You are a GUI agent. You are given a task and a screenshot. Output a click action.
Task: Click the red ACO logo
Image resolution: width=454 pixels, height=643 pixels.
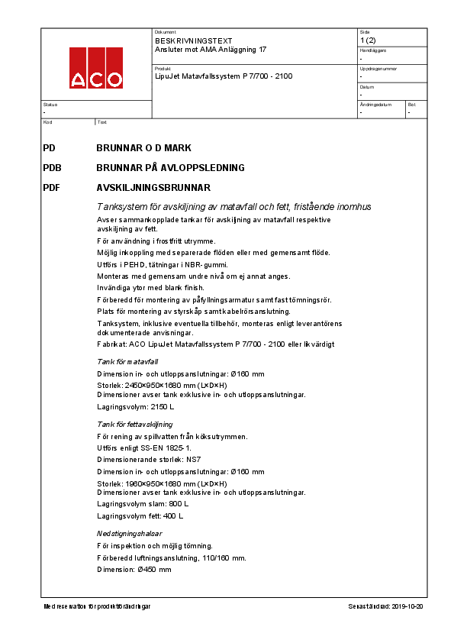click(96, 68)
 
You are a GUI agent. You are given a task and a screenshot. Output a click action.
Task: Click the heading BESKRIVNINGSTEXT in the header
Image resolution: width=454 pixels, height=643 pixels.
click(183, 40)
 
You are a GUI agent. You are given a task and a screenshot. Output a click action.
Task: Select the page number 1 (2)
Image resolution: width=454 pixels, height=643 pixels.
click(367, 40)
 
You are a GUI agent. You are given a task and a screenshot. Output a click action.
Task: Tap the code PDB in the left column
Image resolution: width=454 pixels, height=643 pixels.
click(53, 167)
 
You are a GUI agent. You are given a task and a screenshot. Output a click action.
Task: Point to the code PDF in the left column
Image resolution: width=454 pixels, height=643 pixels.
click(52, 187)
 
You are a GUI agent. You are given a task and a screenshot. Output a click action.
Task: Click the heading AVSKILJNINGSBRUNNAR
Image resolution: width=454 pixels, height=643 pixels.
click(153, 187)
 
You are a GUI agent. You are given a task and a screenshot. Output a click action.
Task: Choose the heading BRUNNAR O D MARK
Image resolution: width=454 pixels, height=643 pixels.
click(143, 147)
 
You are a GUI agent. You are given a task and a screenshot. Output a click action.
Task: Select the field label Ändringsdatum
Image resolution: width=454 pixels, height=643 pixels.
click(375, 105)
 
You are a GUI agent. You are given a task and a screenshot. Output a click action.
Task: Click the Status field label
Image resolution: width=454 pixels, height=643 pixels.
click(50, 105)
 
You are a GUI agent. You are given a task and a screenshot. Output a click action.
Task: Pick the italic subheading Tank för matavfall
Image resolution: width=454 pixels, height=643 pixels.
click(127, 361)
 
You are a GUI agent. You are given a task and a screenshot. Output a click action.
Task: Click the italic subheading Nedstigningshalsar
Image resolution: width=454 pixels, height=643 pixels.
click(129, 533)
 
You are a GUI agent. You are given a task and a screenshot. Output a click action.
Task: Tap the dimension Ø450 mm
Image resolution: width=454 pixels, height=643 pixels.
click(155, 570)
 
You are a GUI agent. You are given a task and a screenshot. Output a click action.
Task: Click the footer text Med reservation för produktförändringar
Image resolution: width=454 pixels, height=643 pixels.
click(97, 606)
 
